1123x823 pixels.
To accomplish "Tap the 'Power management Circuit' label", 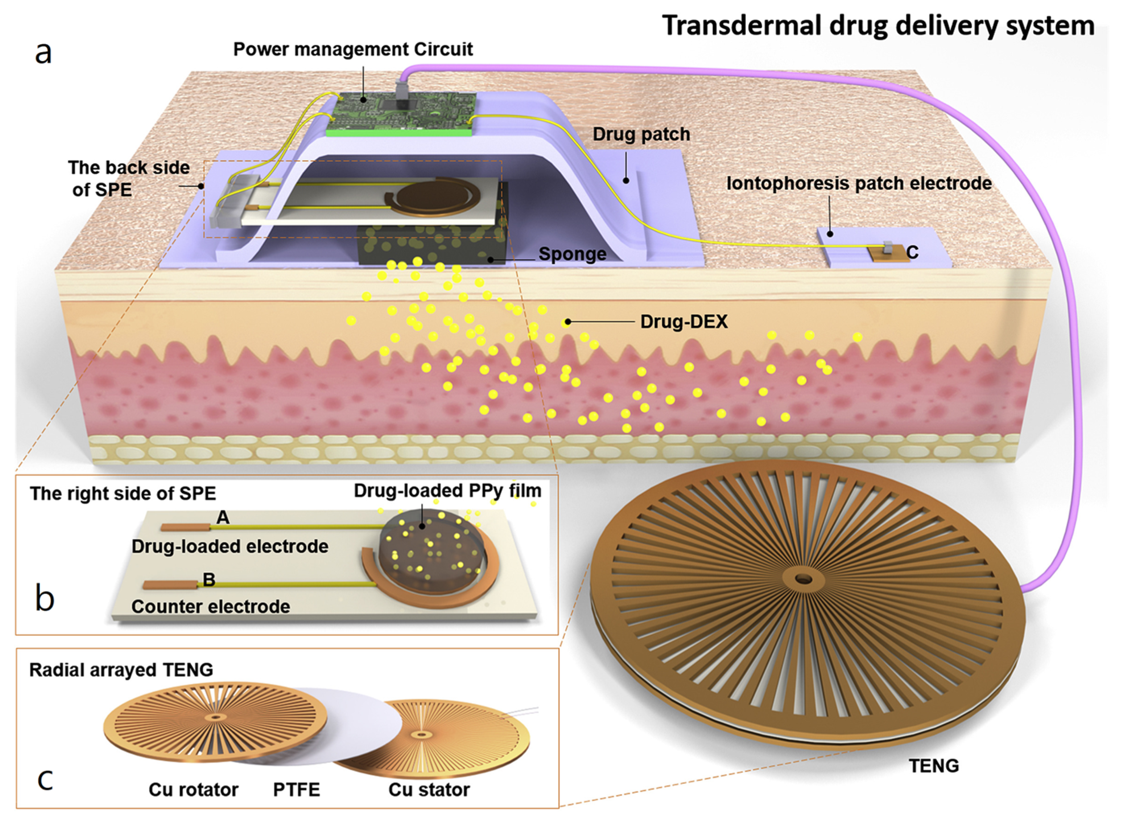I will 353,49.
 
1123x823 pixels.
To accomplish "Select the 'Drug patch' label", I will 641,134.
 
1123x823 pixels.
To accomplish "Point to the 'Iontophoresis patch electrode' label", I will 859,183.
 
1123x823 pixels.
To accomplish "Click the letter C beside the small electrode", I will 912,253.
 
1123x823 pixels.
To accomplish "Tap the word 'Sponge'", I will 572,254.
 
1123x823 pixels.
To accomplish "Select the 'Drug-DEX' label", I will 684,322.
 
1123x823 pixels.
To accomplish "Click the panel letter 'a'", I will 43,52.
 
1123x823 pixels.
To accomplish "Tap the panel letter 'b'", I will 45,598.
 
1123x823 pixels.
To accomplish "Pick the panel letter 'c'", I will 45,779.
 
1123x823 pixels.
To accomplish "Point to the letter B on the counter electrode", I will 209,579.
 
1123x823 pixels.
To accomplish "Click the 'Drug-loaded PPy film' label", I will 447,491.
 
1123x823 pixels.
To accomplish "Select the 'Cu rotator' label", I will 193,790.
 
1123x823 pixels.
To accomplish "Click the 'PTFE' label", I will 296,790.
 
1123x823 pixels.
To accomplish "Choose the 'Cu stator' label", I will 429,790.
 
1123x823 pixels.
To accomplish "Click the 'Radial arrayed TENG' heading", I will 121,670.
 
